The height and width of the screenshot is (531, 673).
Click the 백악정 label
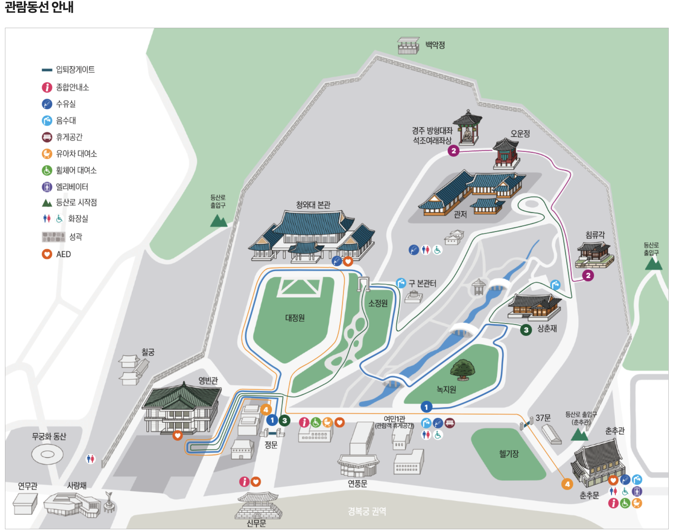(x=435, y=45)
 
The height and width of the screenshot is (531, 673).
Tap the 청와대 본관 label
(x=313, y=205)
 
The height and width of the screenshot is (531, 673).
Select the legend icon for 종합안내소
(x=47, y=87)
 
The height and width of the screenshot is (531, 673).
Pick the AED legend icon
(x=47, y=254)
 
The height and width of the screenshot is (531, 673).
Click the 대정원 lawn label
(x=295, y=318)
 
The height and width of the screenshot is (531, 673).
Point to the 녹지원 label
(x=446, y=390)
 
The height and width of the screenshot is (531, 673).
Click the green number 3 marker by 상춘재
(x=526, y=330)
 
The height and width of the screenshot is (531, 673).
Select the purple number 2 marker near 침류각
(x=588, y=275)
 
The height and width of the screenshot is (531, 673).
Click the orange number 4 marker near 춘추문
(x=567, y=484)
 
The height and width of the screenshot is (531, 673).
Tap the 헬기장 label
(x=509, y=454)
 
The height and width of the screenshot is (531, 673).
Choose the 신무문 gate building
(x=258, y=505)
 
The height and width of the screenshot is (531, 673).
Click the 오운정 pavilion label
(x=520, y=134)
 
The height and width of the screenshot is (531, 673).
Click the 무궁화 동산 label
(x=49, y=436)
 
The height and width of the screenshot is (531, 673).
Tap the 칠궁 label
(x=148, y=352)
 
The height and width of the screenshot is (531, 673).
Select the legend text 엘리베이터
(x=72, y=187)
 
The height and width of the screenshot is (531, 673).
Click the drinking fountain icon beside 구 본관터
(x=401, y=283)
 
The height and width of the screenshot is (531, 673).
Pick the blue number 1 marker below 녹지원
(x=426, y=407)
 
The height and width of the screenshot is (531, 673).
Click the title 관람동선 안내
(x=39, y=7)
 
